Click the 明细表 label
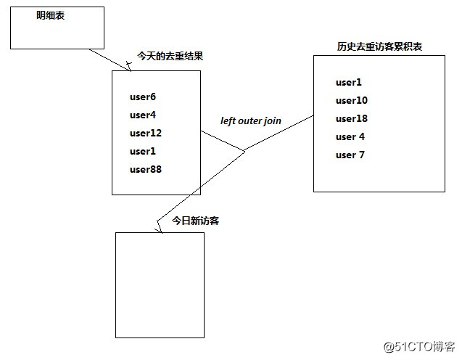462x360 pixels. tap(51, 15)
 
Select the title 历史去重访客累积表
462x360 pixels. tap(379, 46)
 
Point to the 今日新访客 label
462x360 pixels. tap(195, 220)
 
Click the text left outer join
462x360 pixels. tap(250, 120)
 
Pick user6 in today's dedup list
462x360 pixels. tap(143, 97)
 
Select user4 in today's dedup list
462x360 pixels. tap(143, 115)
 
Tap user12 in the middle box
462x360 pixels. tap(146, 133)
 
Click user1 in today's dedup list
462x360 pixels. tap(143, 151)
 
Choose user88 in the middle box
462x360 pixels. tap(146, 169)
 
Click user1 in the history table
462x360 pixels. tap(349, 82)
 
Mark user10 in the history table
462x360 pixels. tap(352, 100)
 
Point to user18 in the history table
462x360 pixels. tap(352, 118)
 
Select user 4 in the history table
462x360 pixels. tap(350, 136)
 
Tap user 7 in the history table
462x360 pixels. tap(350, 155)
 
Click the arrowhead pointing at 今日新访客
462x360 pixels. tap(159, 228)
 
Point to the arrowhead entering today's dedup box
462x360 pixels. tap(128, 67)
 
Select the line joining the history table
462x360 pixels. tap(279, 133)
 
